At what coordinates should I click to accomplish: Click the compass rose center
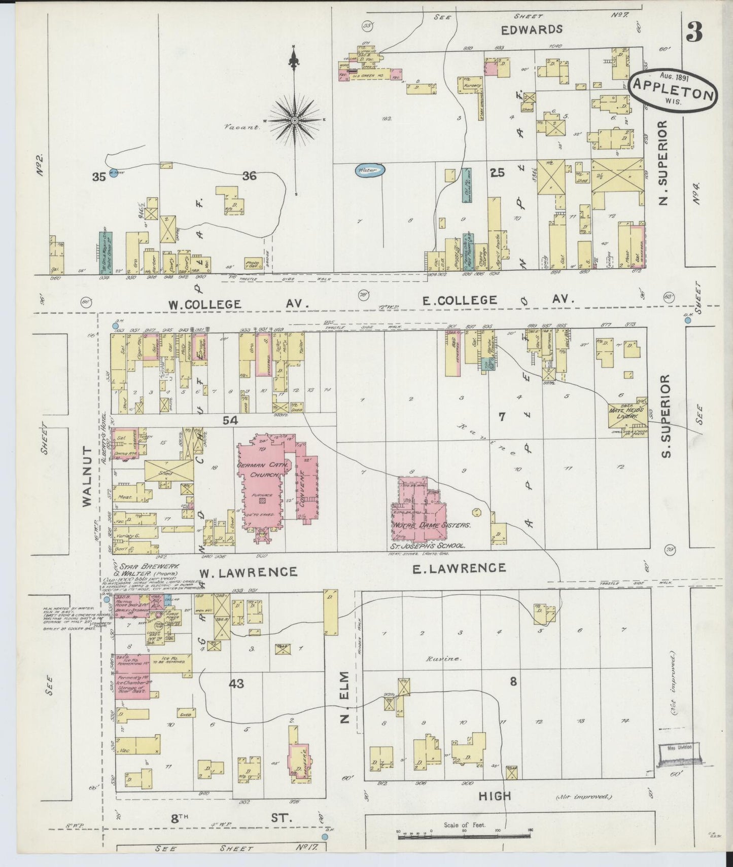(x=294, y=120)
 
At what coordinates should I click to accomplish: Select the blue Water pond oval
(x=369, y=171)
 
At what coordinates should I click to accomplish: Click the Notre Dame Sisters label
(x=432, y=525)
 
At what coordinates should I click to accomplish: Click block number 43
(x=236, y=684)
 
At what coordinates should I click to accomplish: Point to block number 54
(x=230, y=420)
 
